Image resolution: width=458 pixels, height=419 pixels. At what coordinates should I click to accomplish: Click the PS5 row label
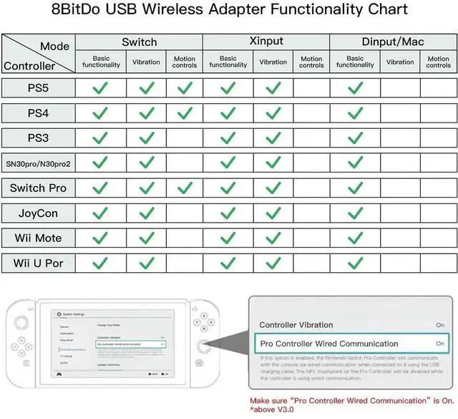pyautogui.click(x=38, y=88)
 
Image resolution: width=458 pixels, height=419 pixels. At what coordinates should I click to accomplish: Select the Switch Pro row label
pyautogui.click(x=38, y=188)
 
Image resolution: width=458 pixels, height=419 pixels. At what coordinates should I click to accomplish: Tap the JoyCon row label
pyautogui.click(x=38, y=213)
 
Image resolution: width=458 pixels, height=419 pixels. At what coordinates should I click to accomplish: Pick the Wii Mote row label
pyautogui.click(x=38, y=238)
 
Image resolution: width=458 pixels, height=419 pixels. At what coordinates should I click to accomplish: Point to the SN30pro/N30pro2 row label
pyautogui.click(x=38, y=163)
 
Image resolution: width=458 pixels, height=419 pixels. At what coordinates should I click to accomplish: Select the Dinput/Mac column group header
pyautogui.click(x=393, y=42)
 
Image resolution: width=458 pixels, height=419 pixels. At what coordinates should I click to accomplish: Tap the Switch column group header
pyautogui.click(x=139, y=42)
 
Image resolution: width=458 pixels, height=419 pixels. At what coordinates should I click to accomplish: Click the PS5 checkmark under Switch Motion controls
pyautogui.click(x=185, y=88)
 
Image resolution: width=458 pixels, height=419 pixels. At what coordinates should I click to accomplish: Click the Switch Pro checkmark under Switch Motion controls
pyautogui.click(x=185, y=188)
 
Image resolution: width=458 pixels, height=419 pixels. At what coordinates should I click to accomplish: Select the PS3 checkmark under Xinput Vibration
pyautogui.click(x=273, y=138)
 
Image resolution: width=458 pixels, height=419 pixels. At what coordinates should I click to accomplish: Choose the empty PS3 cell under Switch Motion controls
pyautogui.click(x=185, y=138)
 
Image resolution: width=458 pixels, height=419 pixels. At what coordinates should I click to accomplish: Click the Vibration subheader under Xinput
pyautogui.click(x=273, y=62)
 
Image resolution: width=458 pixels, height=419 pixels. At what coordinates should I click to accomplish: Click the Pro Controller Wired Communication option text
pyautogui.click(x=328, y=344)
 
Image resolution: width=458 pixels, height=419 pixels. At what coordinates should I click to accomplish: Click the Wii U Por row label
pyautogui.click(x=38, y=263)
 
